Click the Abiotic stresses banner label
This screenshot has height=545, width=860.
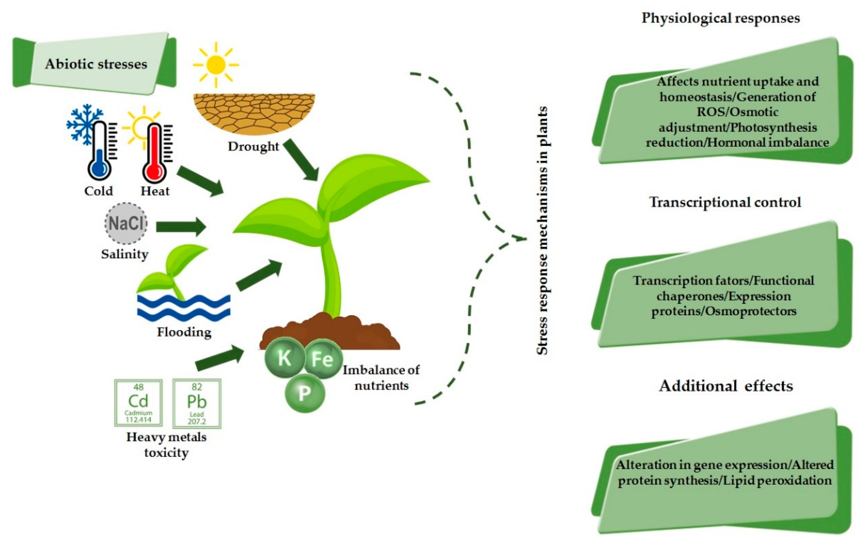point(96,64)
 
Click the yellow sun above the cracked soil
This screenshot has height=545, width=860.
point(216,65)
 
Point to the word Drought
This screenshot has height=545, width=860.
point(253,146)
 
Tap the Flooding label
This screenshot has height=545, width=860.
point(184,332)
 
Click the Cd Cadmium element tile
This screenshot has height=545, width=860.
point(138,402)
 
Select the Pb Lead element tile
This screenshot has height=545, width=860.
point(197,403)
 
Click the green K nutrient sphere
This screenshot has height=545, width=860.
point(285,358)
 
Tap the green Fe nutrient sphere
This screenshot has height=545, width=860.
point(323,359)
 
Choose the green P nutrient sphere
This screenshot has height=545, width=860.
point(305,393)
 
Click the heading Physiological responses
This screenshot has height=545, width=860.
point(720,18)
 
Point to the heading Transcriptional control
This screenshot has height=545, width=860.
point(725,202)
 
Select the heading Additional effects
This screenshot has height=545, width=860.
point(726,386)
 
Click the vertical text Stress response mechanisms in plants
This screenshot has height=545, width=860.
point(542,230)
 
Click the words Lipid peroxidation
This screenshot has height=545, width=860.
point(777,480)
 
